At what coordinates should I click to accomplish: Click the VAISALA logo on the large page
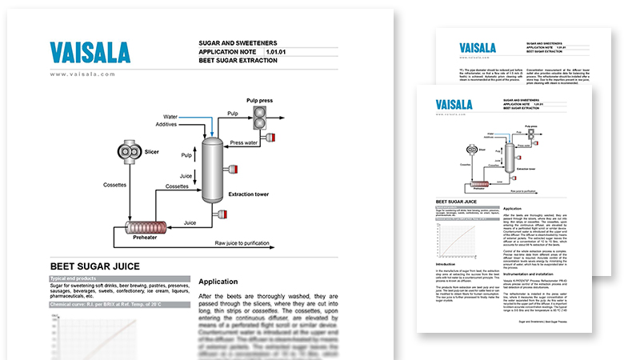tap(89, 53)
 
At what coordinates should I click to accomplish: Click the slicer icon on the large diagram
tap(127, 152)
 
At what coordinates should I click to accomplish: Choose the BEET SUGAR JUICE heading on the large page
tap(95, 266)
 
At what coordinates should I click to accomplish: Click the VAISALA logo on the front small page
tap(454, 105)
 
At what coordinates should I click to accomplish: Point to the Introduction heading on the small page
tap(448, 263)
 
